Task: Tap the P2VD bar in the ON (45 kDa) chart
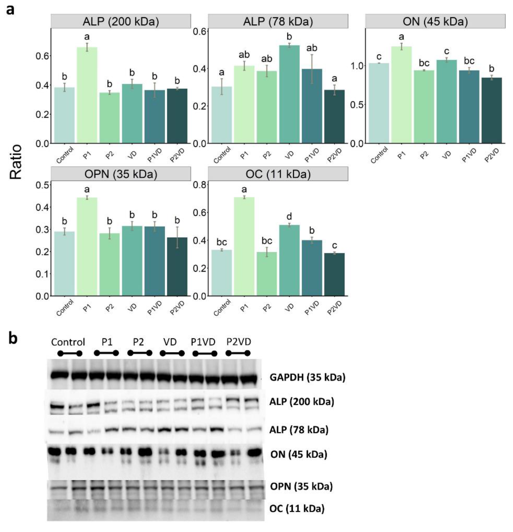(492, 110)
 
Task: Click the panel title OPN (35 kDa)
(121, 174)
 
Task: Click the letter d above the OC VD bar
(289, 217)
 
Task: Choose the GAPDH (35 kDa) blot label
(307, 377)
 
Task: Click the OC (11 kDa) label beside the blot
(297, 508)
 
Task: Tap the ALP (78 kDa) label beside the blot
(299, 430)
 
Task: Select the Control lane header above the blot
(68, 342)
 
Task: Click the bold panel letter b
(13, 339)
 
